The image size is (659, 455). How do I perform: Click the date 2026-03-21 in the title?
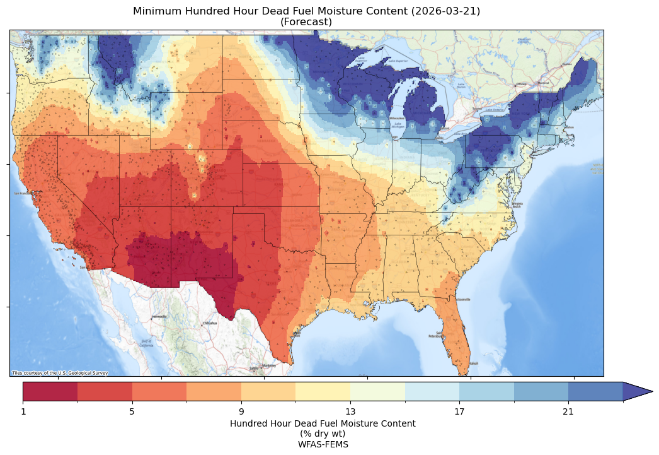pyautogui.click(x=436, y=11)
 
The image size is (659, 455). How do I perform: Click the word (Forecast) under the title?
pyautogui.click(x=306, y=22)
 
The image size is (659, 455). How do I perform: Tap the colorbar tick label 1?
pyautogui.click(x=23, y=412)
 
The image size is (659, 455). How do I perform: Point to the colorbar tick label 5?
pyautogui.click(x=132, y=412)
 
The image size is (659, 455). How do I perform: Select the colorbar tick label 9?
pyautogui.click(x=241, y=412)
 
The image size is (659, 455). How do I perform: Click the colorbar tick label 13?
pyautogui.click(x=350, y=412)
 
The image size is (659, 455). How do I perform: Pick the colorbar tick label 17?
pyautogui.click(x=459, y=412)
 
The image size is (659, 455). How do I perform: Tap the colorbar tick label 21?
pyautogui.click(x=568, y=412)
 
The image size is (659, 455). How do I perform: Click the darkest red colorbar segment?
pyautogui.click(x=50, y=391)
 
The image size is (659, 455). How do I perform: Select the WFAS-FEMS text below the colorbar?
pyautogui.click(x=323, y=444)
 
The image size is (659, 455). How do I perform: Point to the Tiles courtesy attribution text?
pyautogui.click(x=60, y=373)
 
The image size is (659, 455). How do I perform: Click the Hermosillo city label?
pyautogui.click(x=159, y=316)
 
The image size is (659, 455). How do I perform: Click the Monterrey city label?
pyautogui.click(x=269, y=365)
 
